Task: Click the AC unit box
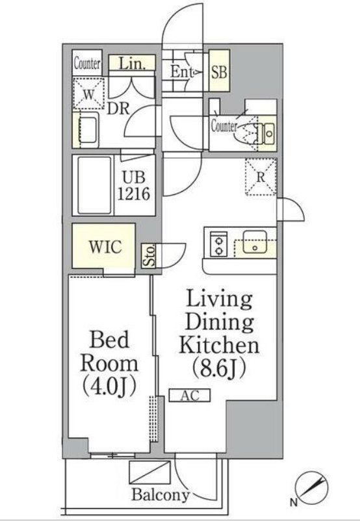click(190, 396)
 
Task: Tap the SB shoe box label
click(220, 71)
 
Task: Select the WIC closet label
click(105, 247)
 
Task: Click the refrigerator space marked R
click(261, 177)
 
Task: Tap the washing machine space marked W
click(88, 94)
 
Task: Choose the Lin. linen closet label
click(132, 63)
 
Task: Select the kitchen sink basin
click(255, 242)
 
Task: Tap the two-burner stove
click(219, 244)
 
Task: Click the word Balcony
click(161, 495)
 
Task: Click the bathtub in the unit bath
click(94, 185)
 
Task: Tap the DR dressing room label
click(118, 108)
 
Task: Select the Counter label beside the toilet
click(224, 126)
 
